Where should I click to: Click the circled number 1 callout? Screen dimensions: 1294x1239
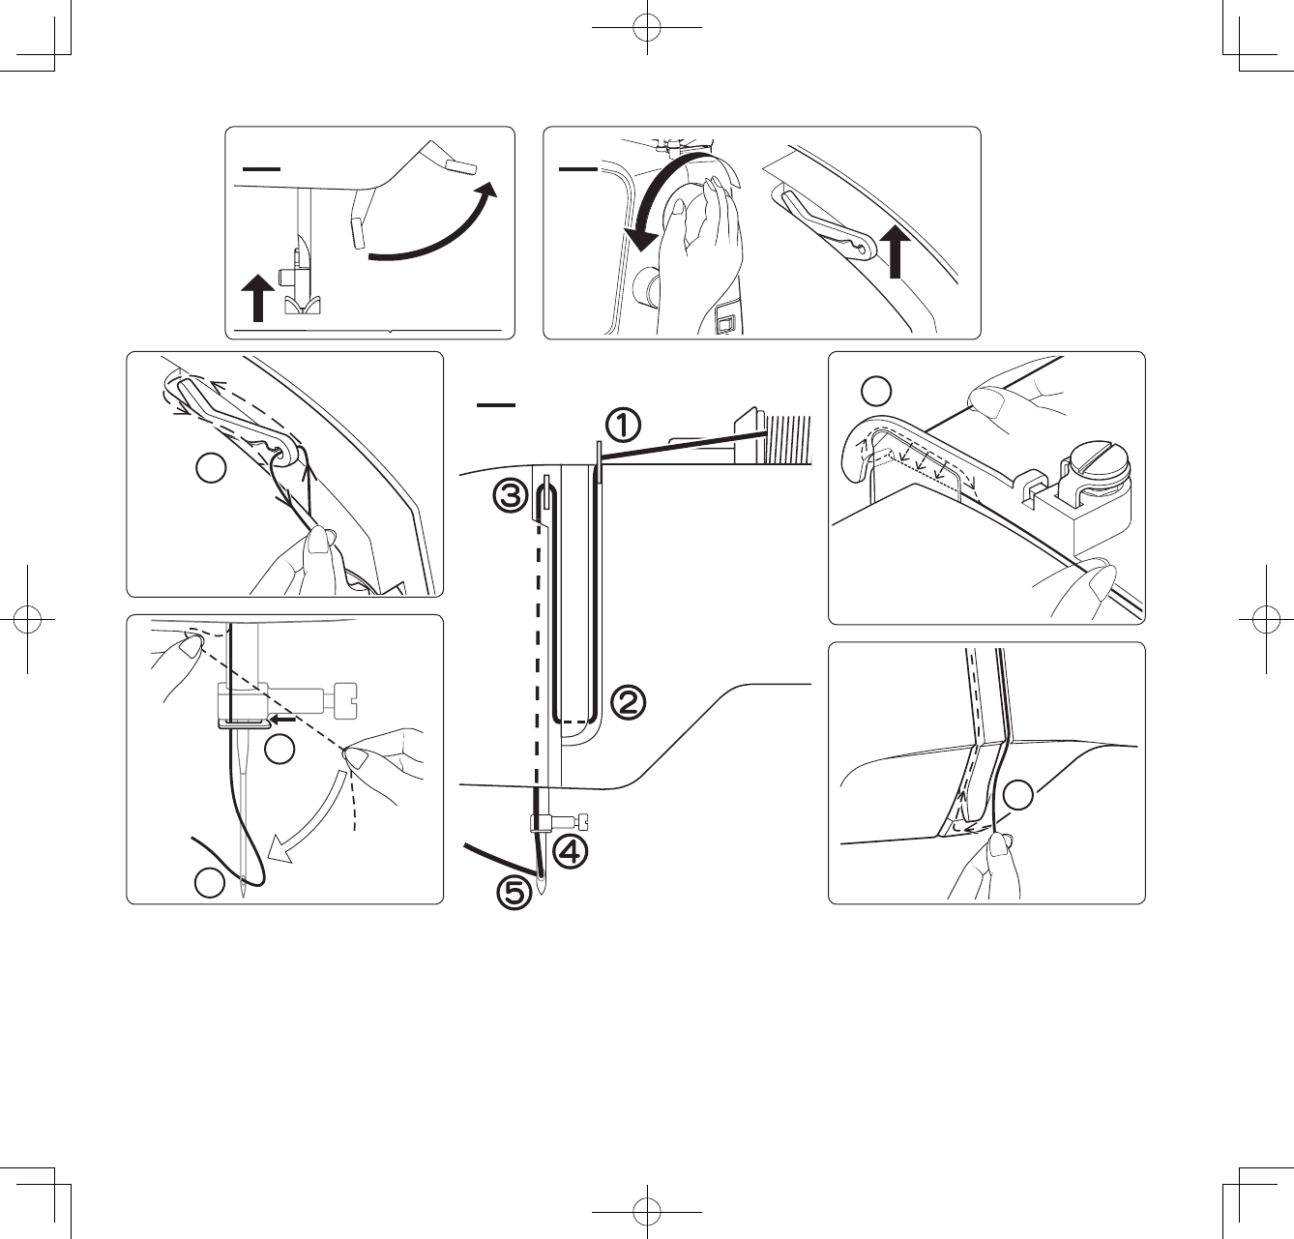coord(624,424)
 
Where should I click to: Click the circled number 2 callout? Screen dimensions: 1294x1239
coord(628,701)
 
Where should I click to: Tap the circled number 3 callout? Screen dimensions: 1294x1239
coord(511,496)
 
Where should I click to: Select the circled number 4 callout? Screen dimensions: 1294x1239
coord(571,852)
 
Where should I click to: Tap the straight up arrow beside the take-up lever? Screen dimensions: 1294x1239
coord(897,251)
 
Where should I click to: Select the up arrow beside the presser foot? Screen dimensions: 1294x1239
coord(257,296)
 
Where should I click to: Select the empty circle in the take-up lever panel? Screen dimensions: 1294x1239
coord(211,469)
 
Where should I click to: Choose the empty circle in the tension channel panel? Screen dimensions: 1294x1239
coord(1017,796)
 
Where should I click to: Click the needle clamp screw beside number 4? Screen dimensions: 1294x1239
coord(581,823)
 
